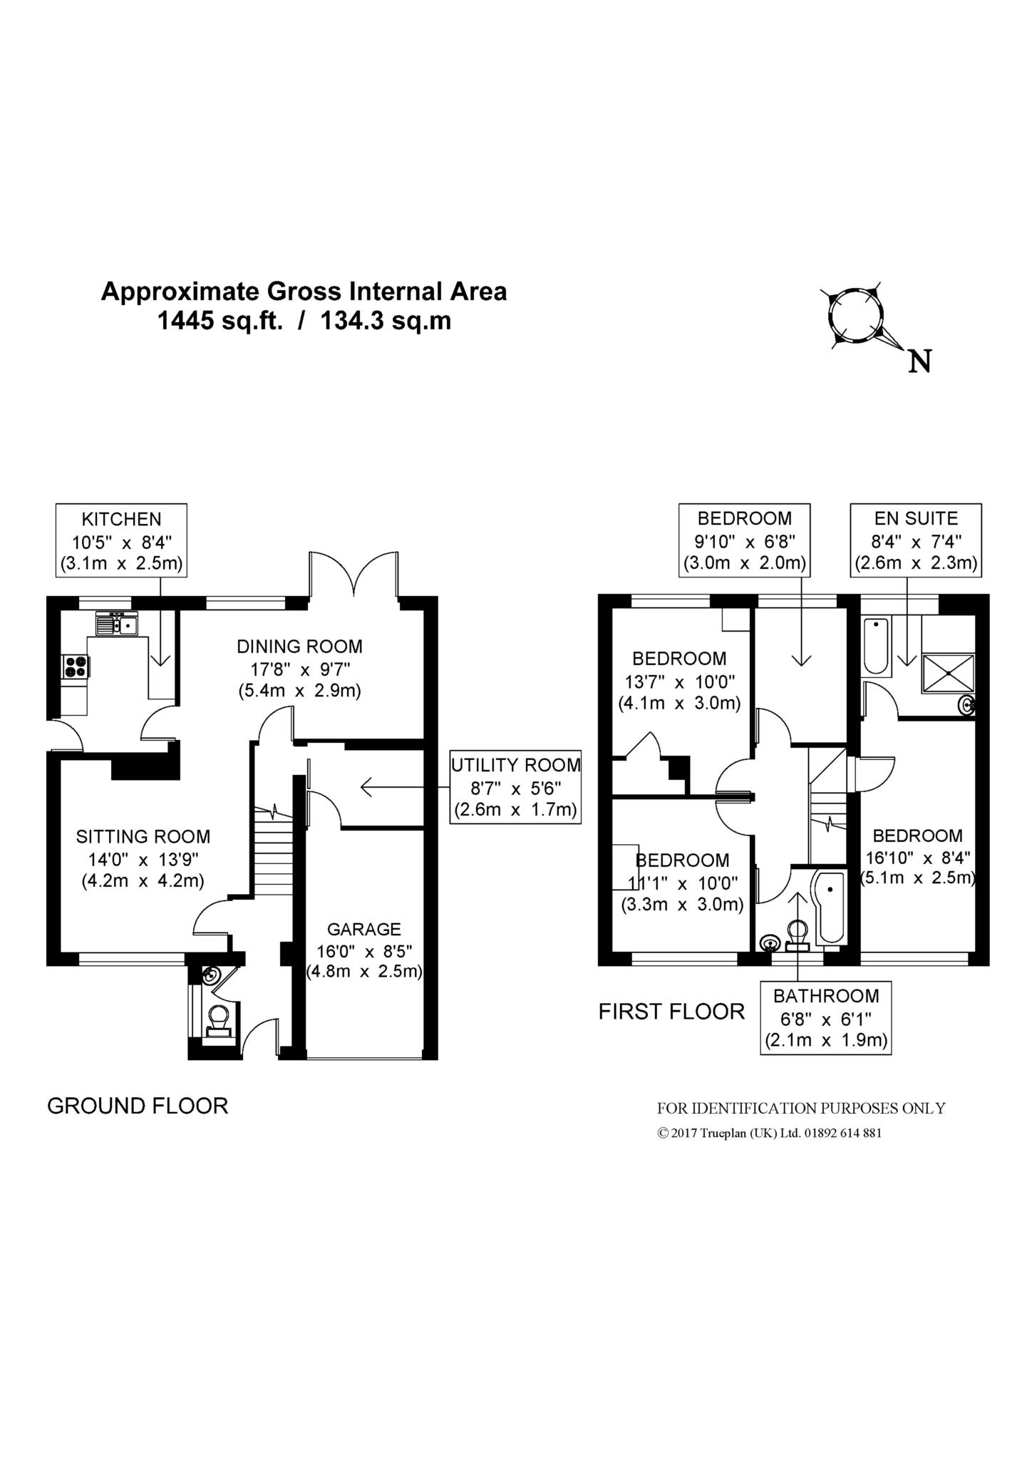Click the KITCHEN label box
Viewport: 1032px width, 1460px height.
click(122, 540)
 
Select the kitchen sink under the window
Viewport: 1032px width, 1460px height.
click(117, 624)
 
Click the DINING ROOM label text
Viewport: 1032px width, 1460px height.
click(299, 647)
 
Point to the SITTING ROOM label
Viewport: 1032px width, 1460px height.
click(143, 836)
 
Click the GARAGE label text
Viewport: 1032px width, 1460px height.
click(364, 929)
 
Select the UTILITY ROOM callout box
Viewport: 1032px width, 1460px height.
click(515, 787)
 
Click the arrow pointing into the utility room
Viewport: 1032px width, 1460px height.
click(405, 787)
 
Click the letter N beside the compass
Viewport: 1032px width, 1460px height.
click(920, 363)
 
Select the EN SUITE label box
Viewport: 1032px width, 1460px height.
click(916, 540)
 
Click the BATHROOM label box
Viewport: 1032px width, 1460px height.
click(826, 1018)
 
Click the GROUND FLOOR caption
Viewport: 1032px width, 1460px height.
click(138, 1106)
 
